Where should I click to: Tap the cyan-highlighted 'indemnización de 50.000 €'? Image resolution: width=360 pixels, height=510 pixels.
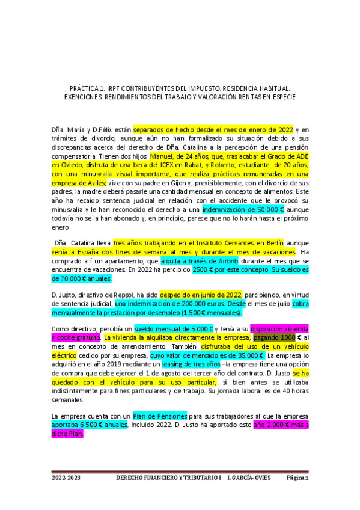coord(243,210)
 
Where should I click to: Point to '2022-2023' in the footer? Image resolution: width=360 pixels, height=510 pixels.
coord(66,478)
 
